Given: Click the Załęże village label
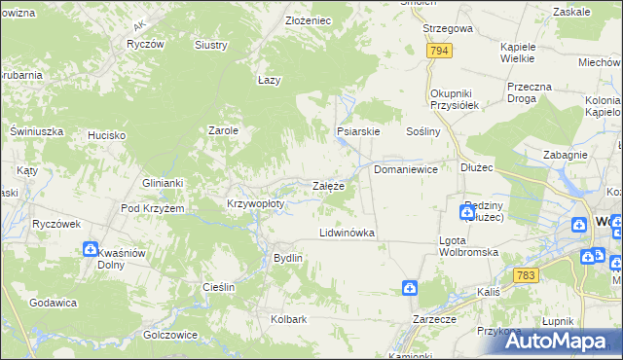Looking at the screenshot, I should click(x=327, y=186).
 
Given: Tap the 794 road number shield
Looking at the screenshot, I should click(x=439, y=51).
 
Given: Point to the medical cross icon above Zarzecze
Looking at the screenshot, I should click(x=411, y=288).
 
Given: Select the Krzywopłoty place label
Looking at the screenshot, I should click(x=255, y=204).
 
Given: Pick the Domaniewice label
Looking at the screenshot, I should click(x=406, y=169).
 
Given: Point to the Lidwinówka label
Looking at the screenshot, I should click(x=348, y=234).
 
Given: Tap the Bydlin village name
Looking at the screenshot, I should click(x=288, y=258).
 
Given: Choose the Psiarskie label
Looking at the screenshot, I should click(x=357, y=130).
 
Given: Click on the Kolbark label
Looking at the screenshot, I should click(x=289, y=319).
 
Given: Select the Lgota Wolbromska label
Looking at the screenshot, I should click(x=468, y=245).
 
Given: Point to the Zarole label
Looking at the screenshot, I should click(x=225, y=129).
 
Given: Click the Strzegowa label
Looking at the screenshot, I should click(x=448, y=29).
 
